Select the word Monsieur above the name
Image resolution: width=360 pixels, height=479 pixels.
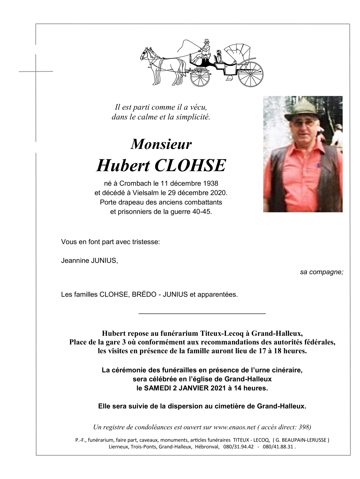pyautogui.click(x=161, y=144)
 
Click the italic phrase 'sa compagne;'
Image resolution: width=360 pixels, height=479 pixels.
pyautogui.click(x=321, y=272)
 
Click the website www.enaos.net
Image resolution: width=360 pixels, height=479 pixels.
pyautogui.click(x=234, y=427)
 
